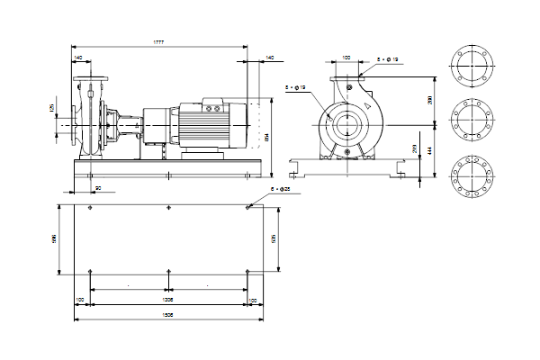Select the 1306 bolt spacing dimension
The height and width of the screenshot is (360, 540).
point(167,298)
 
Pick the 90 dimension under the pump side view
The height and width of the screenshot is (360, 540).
point(97,187)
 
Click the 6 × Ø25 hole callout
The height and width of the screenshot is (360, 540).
point(283,189)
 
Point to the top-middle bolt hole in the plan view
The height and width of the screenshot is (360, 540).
point(168,207)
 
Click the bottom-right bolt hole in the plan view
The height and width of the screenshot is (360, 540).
point(247,270)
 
